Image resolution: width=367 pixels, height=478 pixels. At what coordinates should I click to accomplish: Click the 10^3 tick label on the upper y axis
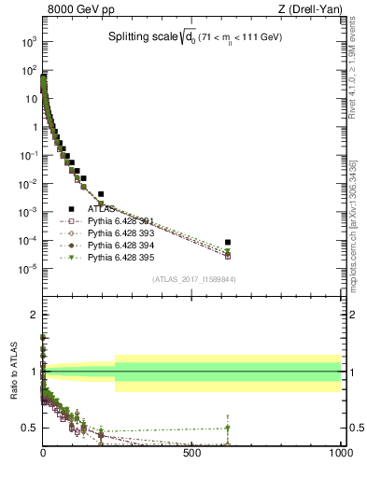[30, 43]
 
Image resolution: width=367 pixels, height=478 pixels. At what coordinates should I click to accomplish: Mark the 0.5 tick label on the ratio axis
[30, 428]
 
